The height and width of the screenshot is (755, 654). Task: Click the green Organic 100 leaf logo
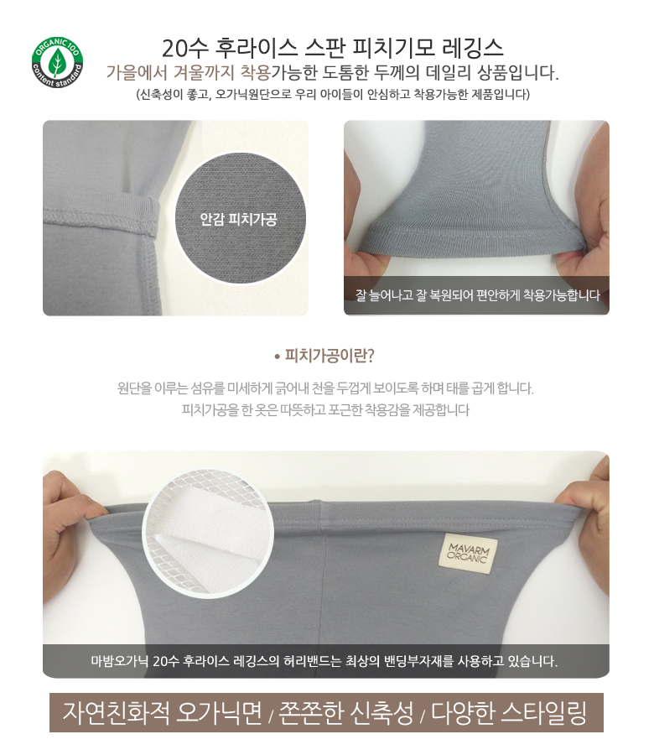tap(57, 63)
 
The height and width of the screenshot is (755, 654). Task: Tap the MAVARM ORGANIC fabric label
tap(468, 555)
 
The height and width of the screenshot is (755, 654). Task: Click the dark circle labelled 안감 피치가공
tap(239, 220)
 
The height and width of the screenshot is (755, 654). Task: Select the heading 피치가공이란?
tap(324, 356)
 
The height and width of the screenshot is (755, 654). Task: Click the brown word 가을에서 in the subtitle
tap(136, 73)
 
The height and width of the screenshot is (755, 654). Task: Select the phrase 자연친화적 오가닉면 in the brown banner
tap(162, 713)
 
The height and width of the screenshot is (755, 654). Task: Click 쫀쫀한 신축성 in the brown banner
tap(346, 713)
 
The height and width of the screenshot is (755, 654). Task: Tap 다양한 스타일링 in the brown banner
tap(509, 713)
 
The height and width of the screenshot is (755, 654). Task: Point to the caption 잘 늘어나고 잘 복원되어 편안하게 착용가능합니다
tap(478, 294)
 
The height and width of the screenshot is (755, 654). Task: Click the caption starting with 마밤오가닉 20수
tap(324, 661)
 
